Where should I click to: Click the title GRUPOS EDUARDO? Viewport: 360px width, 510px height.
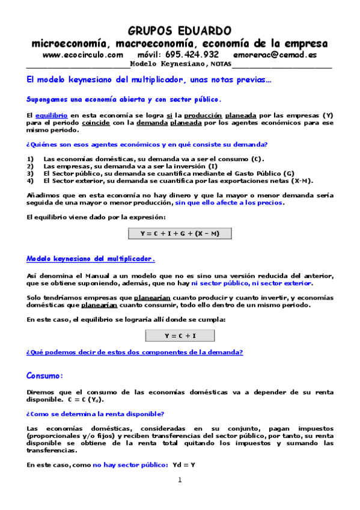[180, 31]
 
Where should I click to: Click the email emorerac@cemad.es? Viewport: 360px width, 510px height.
[275, 54]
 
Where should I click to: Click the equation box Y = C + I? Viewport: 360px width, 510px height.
[180, 336]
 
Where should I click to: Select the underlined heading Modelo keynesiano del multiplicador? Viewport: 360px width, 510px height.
[91, 259]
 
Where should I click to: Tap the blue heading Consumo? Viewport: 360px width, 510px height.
[44, 376]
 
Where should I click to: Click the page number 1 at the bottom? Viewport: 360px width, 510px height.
[179, 480]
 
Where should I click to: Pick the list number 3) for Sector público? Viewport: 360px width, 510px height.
[31, 173]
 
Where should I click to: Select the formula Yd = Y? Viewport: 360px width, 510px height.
[184, 465]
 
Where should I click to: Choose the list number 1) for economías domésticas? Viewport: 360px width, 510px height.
[31, 159]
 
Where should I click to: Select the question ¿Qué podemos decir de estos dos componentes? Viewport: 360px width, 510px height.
[134, 352]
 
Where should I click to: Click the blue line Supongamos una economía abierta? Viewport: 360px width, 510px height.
[124, 99]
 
